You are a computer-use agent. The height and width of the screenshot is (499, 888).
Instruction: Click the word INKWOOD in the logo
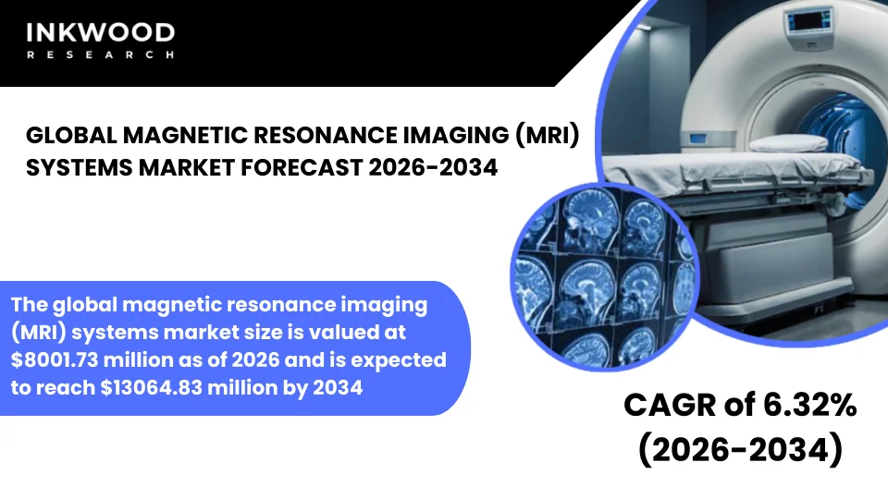100,33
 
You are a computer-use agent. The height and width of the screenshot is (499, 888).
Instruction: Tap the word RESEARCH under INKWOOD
100,55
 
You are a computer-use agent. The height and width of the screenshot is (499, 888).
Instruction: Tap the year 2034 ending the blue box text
339,388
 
